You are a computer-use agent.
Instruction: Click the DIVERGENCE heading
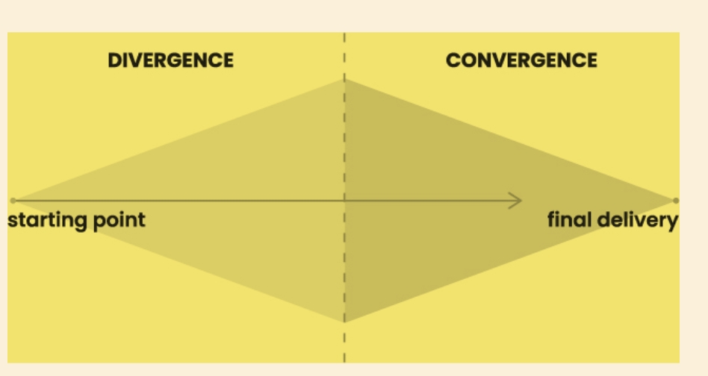pos(171,60)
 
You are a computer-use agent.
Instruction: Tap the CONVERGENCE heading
pos(521,60)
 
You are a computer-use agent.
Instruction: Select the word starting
pos(49,221)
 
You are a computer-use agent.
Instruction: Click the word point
pos(119,221)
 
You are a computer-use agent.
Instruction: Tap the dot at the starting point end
pos(13,201)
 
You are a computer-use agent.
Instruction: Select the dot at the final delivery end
pos(675,201)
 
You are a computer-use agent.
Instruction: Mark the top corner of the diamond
pos(344,79)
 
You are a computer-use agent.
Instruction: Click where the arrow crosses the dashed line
pos(344,201)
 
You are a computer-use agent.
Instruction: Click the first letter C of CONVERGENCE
pos(453,60)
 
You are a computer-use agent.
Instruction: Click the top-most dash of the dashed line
pos(344,37)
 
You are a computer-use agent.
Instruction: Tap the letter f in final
pos(551,219)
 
